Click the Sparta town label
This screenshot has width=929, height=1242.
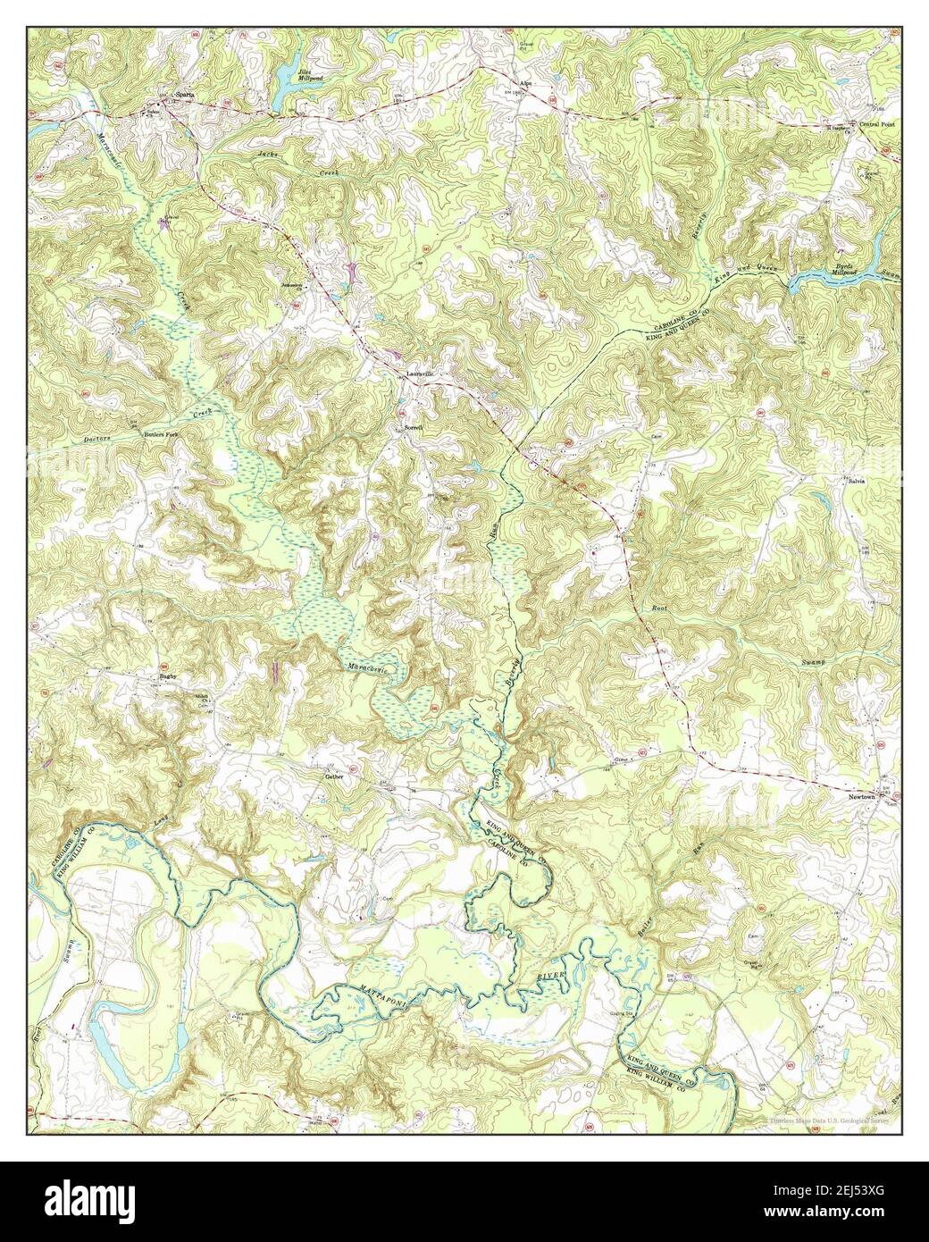[x=184, y=91]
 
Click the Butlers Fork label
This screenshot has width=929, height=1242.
[x=163, y=435]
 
